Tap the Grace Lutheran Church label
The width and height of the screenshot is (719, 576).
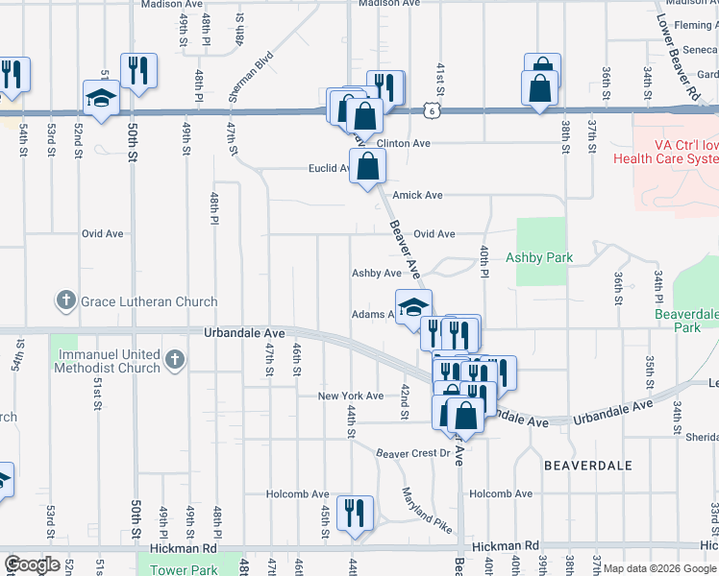[149, 301]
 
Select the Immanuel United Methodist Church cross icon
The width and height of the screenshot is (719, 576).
[174, 360]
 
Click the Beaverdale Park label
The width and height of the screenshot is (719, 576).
[686, 321]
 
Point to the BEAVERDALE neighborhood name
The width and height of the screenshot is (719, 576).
[587, 465]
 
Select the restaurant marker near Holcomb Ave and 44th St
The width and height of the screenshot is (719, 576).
[357, 514]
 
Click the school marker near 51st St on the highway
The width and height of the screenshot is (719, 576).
[101, 98]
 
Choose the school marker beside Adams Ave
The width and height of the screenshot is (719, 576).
[413, 307]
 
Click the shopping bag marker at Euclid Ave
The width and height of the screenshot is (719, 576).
[368, 167]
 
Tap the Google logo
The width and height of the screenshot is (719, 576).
[31, 564]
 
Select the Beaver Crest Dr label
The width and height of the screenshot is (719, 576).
[413, 452]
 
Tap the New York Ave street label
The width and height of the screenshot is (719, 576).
[351, 396]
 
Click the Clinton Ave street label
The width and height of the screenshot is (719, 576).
[403, 144]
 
